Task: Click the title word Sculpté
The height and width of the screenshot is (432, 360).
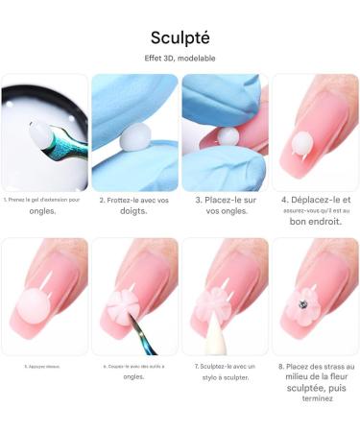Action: (x=180, y=37)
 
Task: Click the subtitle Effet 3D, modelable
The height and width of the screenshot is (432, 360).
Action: (x=180, y=60)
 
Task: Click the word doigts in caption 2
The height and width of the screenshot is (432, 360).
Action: (x=134, y=211)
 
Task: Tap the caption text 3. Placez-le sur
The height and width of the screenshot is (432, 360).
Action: (x=224, y=201)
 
